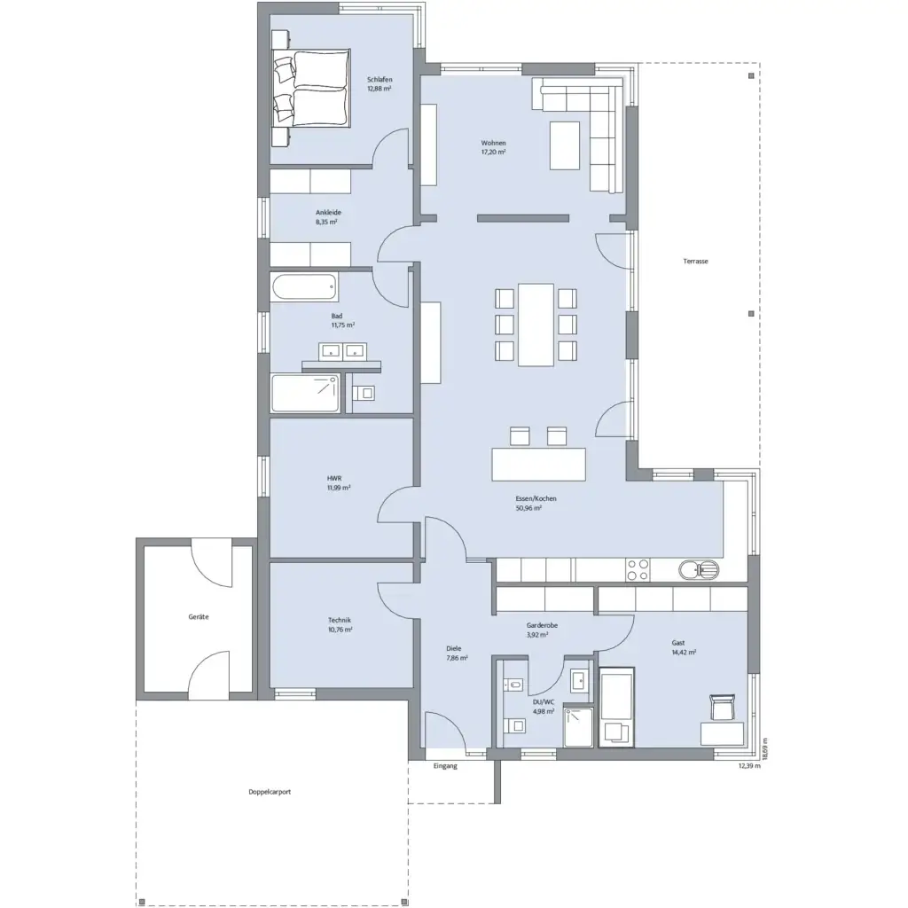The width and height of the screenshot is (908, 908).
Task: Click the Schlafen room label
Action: [380, 82]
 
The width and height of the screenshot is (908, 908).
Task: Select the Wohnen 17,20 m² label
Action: [493, 147]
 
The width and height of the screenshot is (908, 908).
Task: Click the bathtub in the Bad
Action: [304, 287]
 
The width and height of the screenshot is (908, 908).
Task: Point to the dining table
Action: [536, 324]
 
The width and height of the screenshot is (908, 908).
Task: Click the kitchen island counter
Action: [539, 464]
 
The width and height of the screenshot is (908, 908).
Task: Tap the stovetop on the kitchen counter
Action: [638, 569]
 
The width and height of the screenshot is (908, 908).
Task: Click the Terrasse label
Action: [695, 262]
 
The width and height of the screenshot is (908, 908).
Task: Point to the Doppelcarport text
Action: [270, 792]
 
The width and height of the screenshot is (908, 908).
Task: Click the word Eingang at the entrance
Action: [445, 766]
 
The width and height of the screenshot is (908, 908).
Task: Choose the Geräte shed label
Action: [198, 616]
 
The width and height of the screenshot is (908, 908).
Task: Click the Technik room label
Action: [340, 624]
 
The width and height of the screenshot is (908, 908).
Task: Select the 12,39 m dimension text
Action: [749, 766]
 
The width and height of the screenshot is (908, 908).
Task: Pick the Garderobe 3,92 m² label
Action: [542, 630]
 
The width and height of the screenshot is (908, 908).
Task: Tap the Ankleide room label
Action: [328, 217]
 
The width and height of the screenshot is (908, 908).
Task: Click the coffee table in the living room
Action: [565, 145]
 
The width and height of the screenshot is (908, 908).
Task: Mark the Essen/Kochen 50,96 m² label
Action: [536, 504]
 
